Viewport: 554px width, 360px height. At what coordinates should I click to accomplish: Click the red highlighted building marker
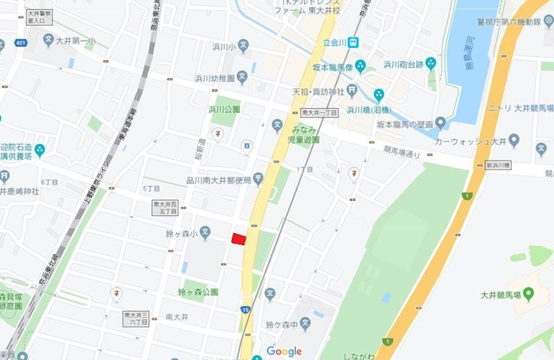(239, 239)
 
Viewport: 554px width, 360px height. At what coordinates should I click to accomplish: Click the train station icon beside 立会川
(353, 42)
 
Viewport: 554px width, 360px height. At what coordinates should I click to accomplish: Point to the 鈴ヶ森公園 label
(198, 291)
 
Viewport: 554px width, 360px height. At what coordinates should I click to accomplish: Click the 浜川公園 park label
(224, 109)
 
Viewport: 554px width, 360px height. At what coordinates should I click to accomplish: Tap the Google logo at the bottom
(284, 351)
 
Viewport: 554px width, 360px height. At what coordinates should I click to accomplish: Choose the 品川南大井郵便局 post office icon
(258, 179)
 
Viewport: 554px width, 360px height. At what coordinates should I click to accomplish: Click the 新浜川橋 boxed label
(498, 165)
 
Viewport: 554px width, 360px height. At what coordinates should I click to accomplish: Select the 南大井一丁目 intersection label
(319, 113)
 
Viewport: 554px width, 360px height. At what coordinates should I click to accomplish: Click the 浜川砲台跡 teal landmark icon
(431, 65)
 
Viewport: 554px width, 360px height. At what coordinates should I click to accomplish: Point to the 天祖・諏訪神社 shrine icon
(352, 89)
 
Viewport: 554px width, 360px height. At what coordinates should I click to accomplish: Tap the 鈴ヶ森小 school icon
(205, 231)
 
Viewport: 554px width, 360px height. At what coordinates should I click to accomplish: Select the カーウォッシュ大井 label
(471, 141)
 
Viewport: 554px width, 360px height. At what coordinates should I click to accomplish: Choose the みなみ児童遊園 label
(305, 134)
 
